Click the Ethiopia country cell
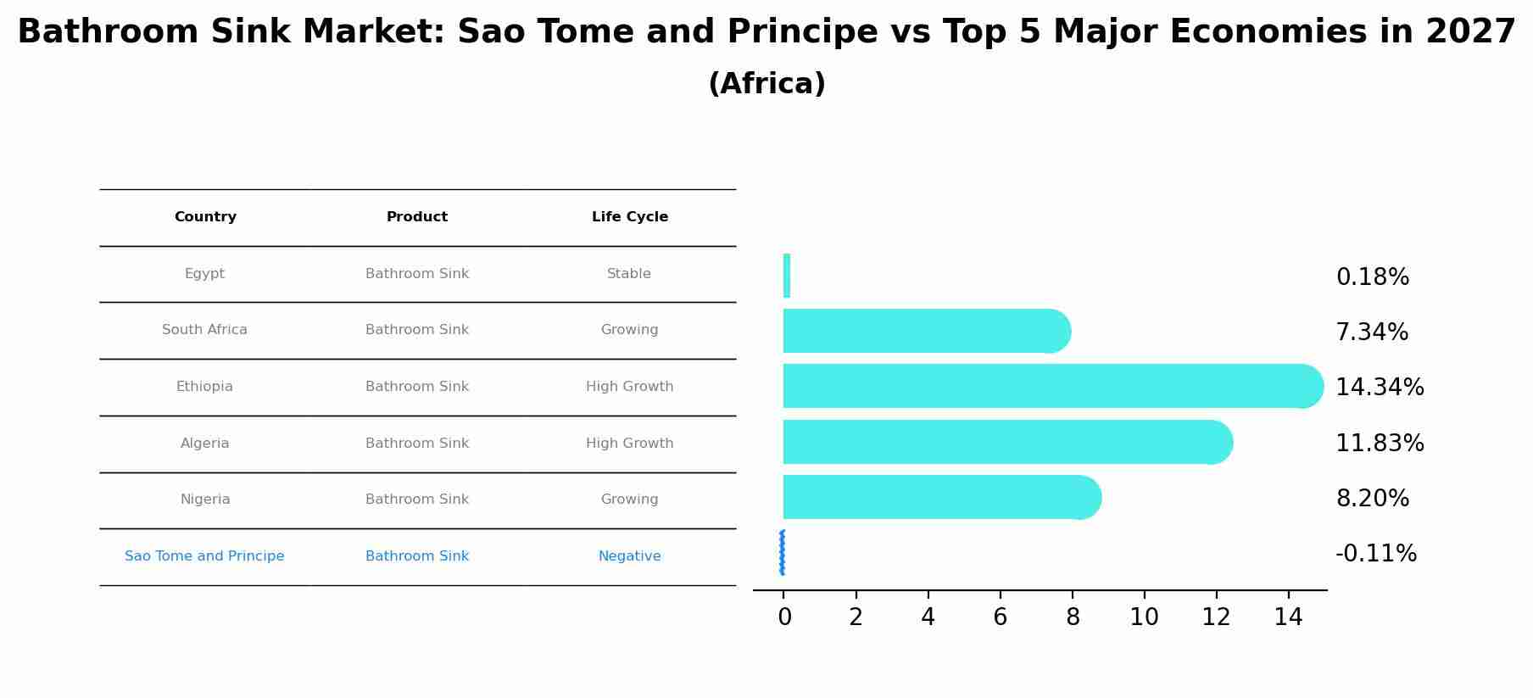[x=204, y=387]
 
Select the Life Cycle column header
[x=629, y=217]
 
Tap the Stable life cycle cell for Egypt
[x=629, y=274]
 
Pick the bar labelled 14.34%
[x=1051, y=386]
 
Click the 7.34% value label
[x=1371, y=332]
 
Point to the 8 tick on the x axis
[x=1073, y=617]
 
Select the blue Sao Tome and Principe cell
[x=204, y=556]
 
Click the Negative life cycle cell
[x=629, y=556]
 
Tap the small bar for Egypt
[x=787, y=276]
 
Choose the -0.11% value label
[x=1375, y=554]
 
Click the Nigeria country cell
[x=205, y=500]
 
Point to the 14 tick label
[x=1288, y=617]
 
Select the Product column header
[x=417, y=217]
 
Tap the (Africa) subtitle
[x=766, y=84]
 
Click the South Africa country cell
[x=204, y=330]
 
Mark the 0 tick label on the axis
[x=784, y=617]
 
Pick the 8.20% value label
[x=1372, y=499]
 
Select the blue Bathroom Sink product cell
[x=417, y=556]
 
